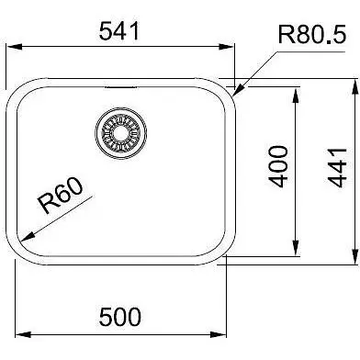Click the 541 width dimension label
[119, 31]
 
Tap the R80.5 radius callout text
[312, 34]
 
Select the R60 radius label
[60, 196]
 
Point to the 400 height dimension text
[278, 166]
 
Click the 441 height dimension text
[337, 168]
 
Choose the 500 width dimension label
[120, 317]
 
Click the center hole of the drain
[121, 133]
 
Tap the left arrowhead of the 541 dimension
[15, 47]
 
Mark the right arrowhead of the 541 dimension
[226, 47]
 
